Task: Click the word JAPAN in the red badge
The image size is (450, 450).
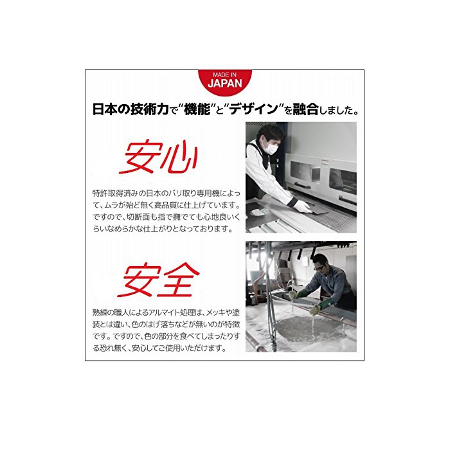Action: pyautogui.click(x=225, y=84)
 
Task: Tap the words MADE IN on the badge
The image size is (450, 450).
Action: pyautogui.click(x=225, y=75)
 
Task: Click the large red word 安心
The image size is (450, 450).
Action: pyautogui.click(x=158, y=157)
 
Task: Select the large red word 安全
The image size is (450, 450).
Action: pyautogui.click(x=158, y=280)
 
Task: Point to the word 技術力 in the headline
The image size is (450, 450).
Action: pyautogui.click(x=149, y=109)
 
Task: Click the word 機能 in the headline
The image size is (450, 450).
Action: pyautogui.click(x=197, y=109)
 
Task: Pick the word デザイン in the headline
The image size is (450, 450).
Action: pyautogui.click(x=254, y=109)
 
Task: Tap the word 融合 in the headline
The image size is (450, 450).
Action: pyautogui.click(x=305, y=109)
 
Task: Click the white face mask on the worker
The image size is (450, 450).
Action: pyautogui.click(x=271, y=148)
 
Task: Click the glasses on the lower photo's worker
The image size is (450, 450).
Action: pyautogui.click(x=319, y=268)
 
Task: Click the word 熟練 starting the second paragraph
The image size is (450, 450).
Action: pyautogui.click(x=100, y=312)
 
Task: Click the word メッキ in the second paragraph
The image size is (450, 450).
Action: pyautogui.click(x=216, y=312)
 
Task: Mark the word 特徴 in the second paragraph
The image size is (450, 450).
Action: pyautogui.click(x=232, y=325)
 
